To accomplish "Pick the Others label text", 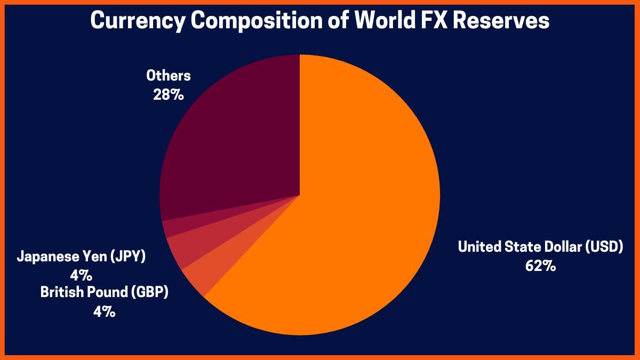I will click(169, 76).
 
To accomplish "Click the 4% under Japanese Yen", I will click(82, 275).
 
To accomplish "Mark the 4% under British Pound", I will click(104, 311).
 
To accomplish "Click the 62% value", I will click(540, 266).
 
